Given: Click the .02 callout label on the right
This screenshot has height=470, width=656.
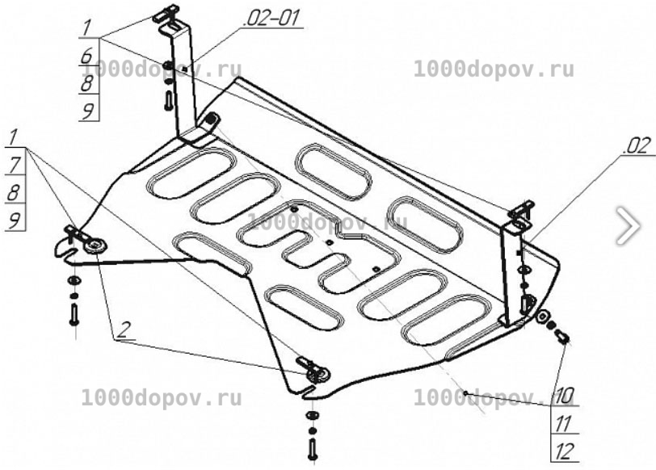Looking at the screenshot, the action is pos(637,146).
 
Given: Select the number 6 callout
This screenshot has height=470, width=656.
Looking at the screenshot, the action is pos(87,56).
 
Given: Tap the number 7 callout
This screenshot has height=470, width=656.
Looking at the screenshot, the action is pos(15,166).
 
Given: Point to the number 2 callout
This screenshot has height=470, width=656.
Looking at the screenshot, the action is pos(123,330).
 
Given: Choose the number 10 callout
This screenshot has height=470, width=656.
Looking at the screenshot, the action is pos(564,395).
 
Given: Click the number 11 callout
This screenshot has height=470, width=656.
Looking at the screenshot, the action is pos(563,424).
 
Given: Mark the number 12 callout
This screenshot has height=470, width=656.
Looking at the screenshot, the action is pos(565,451).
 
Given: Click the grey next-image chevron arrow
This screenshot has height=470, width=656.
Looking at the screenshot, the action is pos(628,225).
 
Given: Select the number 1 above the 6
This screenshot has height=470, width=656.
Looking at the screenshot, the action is pos(86,28).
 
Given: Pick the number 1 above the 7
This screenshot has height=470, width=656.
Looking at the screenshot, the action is pos(14,137).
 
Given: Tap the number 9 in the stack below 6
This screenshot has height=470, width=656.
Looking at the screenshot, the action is pos(88,111).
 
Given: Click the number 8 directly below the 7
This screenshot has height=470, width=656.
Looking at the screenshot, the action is pos(14,193).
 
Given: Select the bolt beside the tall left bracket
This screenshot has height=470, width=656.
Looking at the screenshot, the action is pos(169,100).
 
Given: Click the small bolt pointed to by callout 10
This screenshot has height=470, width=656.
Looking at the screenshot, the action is pos(561,336).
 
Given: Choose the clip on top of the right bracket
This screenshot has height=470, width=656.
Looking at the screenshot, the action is pos(520,210).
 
